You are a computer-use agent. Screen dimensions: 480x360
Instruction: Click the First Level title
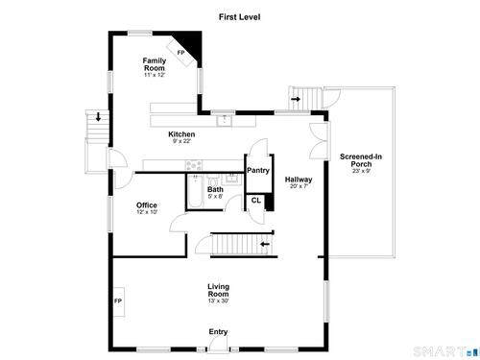point(239,17)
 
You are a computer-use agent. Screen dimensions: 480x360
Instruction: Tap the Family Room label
point(155,64)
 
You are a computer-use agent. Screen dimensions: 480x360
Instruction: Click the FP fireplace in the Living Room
point(119,301)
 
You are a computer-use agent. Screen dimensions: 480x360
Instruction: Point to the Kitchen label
point(181,134)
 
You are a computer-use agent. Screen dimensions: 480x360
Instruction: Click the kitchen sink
point(226,121)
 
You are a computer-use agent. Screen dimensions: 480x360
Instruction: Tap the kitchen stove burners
point(194,165)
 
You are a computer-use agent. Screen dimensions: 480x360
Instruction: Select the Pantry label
point(258,171)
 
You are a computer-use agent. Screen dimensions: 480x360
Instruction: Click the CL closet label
point(256,201)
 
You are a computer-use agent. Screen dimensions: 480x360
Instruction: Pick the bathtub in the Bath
point(195,191)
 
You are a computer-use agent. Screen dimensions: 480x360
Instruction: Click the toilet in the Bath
point(212,180)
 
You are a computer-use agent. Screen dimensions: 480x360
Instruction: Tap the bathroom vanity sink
point(233,179)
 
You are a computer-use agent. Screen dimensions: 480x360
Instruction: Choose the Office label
point(147,205)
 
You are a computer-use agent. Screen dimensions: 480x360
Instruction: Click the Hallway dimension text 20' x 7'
point(299,186)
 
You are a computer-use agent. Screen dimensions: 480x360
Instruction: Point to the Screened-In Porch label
point(361,160)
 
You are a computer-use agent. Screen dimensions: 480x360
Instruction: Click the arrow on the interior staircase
point(265,245)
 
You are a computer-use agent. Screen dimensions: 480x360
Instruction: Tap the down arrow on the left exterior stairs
point(98,116)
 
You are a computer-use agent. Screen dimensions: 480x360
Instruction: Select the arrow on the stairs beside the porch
point(296,99)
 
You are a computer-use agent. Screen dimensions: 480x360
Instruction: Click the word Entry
point(218,332)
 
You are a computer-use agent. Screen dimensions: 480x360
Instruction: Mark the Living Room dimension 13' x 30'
point(218,300)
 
